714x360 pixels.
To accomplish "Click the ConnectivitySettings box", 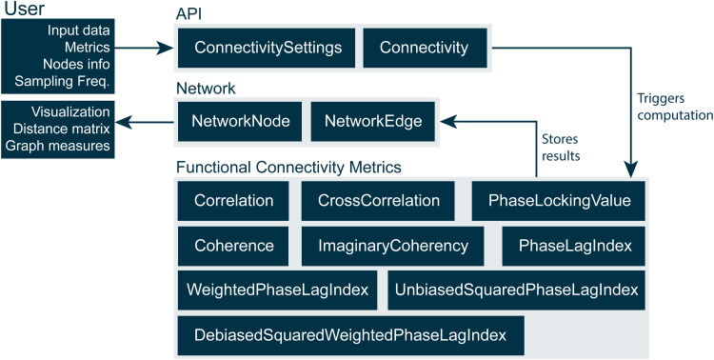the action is [x=267, y=48].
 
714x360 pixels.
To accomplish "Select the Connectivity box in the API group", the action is [x=425, y=48].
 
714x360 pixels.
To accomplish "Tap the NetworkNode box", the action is [x=240, y=121].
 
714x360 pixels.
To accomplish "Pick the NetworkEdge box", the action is [x=373, y=121].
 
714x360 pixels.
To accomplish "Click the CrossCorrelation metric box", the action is [x=378, y=201].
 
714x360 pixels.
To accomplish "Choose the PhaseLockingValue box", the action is [x=559, y=201].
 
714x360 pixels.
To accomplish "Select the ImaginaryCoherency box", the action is [x=392, y=246].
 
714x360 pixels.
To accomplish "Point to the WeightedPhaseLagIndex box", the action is [x=277, y=290].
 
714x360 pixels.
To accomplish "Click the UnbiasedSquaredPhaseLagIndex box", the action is [x=516, y=290].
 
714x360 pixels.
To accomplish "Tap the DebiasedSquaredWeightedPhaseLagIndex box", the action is [x=350, y=335].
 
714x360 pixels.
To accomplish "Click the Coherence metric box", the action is [x=233, y=246].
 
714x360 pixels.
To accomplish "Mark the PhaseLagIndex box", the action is [x=574, y=246].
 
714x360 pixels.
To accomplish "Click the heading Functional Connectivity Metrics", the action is [x=288, y=168].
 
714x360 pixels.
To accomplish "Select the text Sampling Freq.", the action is [x=63, y=81].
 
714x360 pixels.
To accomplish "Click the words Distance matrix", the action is [x=62, y=129].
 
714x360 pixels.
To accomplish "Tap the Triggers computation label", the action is [x=675, y=107].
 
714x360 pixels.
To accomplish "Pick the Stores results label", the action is [x=561, y=147].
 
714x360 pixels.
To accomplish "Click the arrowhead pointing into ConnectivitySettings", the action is [x=166, y=48].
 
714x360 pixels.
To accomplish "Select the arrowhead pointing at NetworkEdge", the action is [x=448, y=121].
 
